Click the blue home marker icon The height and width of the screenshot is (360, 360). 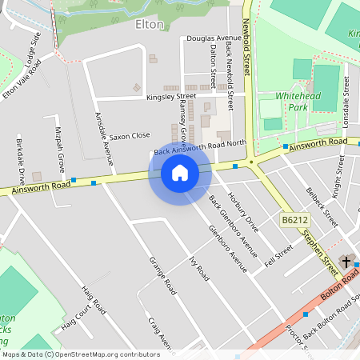point(180,172)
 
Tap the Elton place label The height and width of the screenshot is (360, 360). point(150,25)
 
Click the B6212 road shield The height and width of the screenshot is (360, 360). point(294,219)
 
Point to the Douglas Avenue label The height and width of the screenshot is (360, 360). point(214,38)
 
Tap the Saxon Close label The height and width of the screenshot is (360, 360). point(130,136)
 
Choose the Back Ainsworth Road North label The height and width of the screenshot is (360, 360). point(200,147)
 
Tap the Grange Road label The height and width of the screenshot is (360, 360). point(162,275)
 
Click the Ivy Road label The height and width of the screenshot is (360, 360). point(198,268)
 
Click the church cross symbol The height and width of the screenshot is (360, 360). point(346,261)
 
